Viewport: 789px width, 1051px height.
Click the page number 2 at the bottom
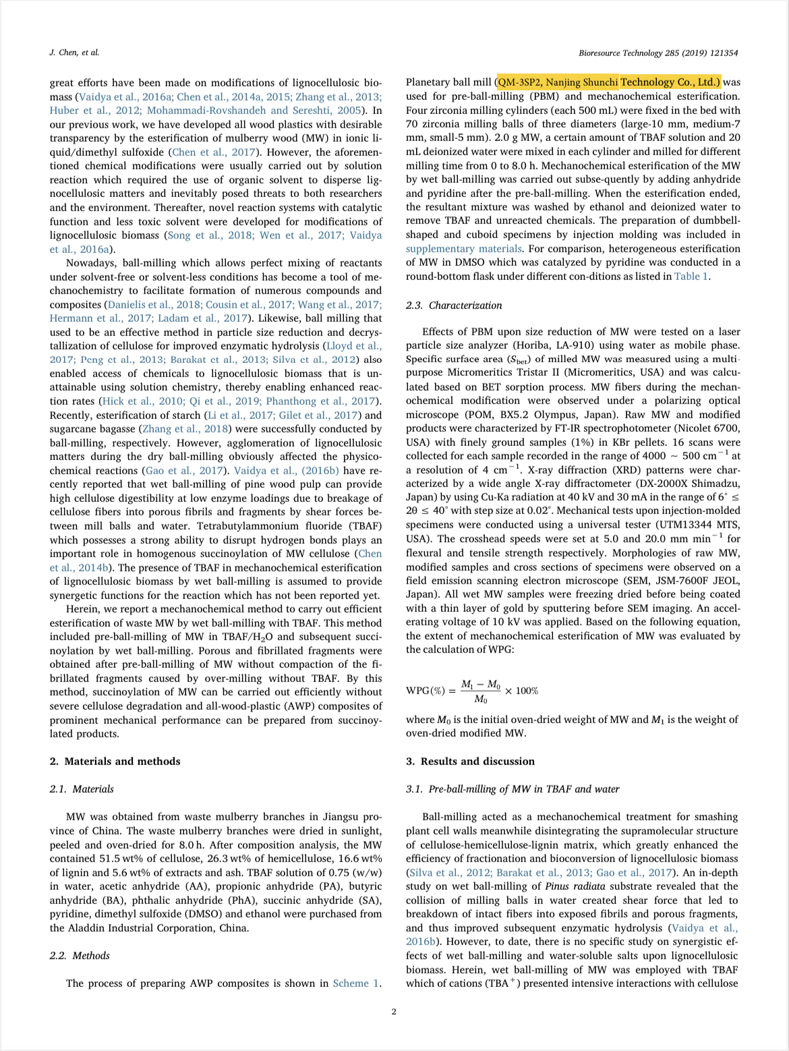394,1011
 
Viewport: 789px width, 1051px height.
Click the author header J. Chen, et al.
74,53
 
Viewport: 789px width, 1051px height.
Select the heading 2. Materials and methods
115,761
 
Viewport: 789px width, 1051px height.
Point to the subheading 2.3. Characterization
454,306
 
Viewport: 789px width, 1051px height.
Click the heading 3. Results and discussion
470,761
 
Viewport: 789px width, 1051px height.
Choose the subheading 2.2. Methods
80,955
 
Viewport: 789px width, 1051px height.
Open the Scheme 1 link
355,983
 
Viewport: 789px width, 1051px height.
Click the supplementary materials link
463,248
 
